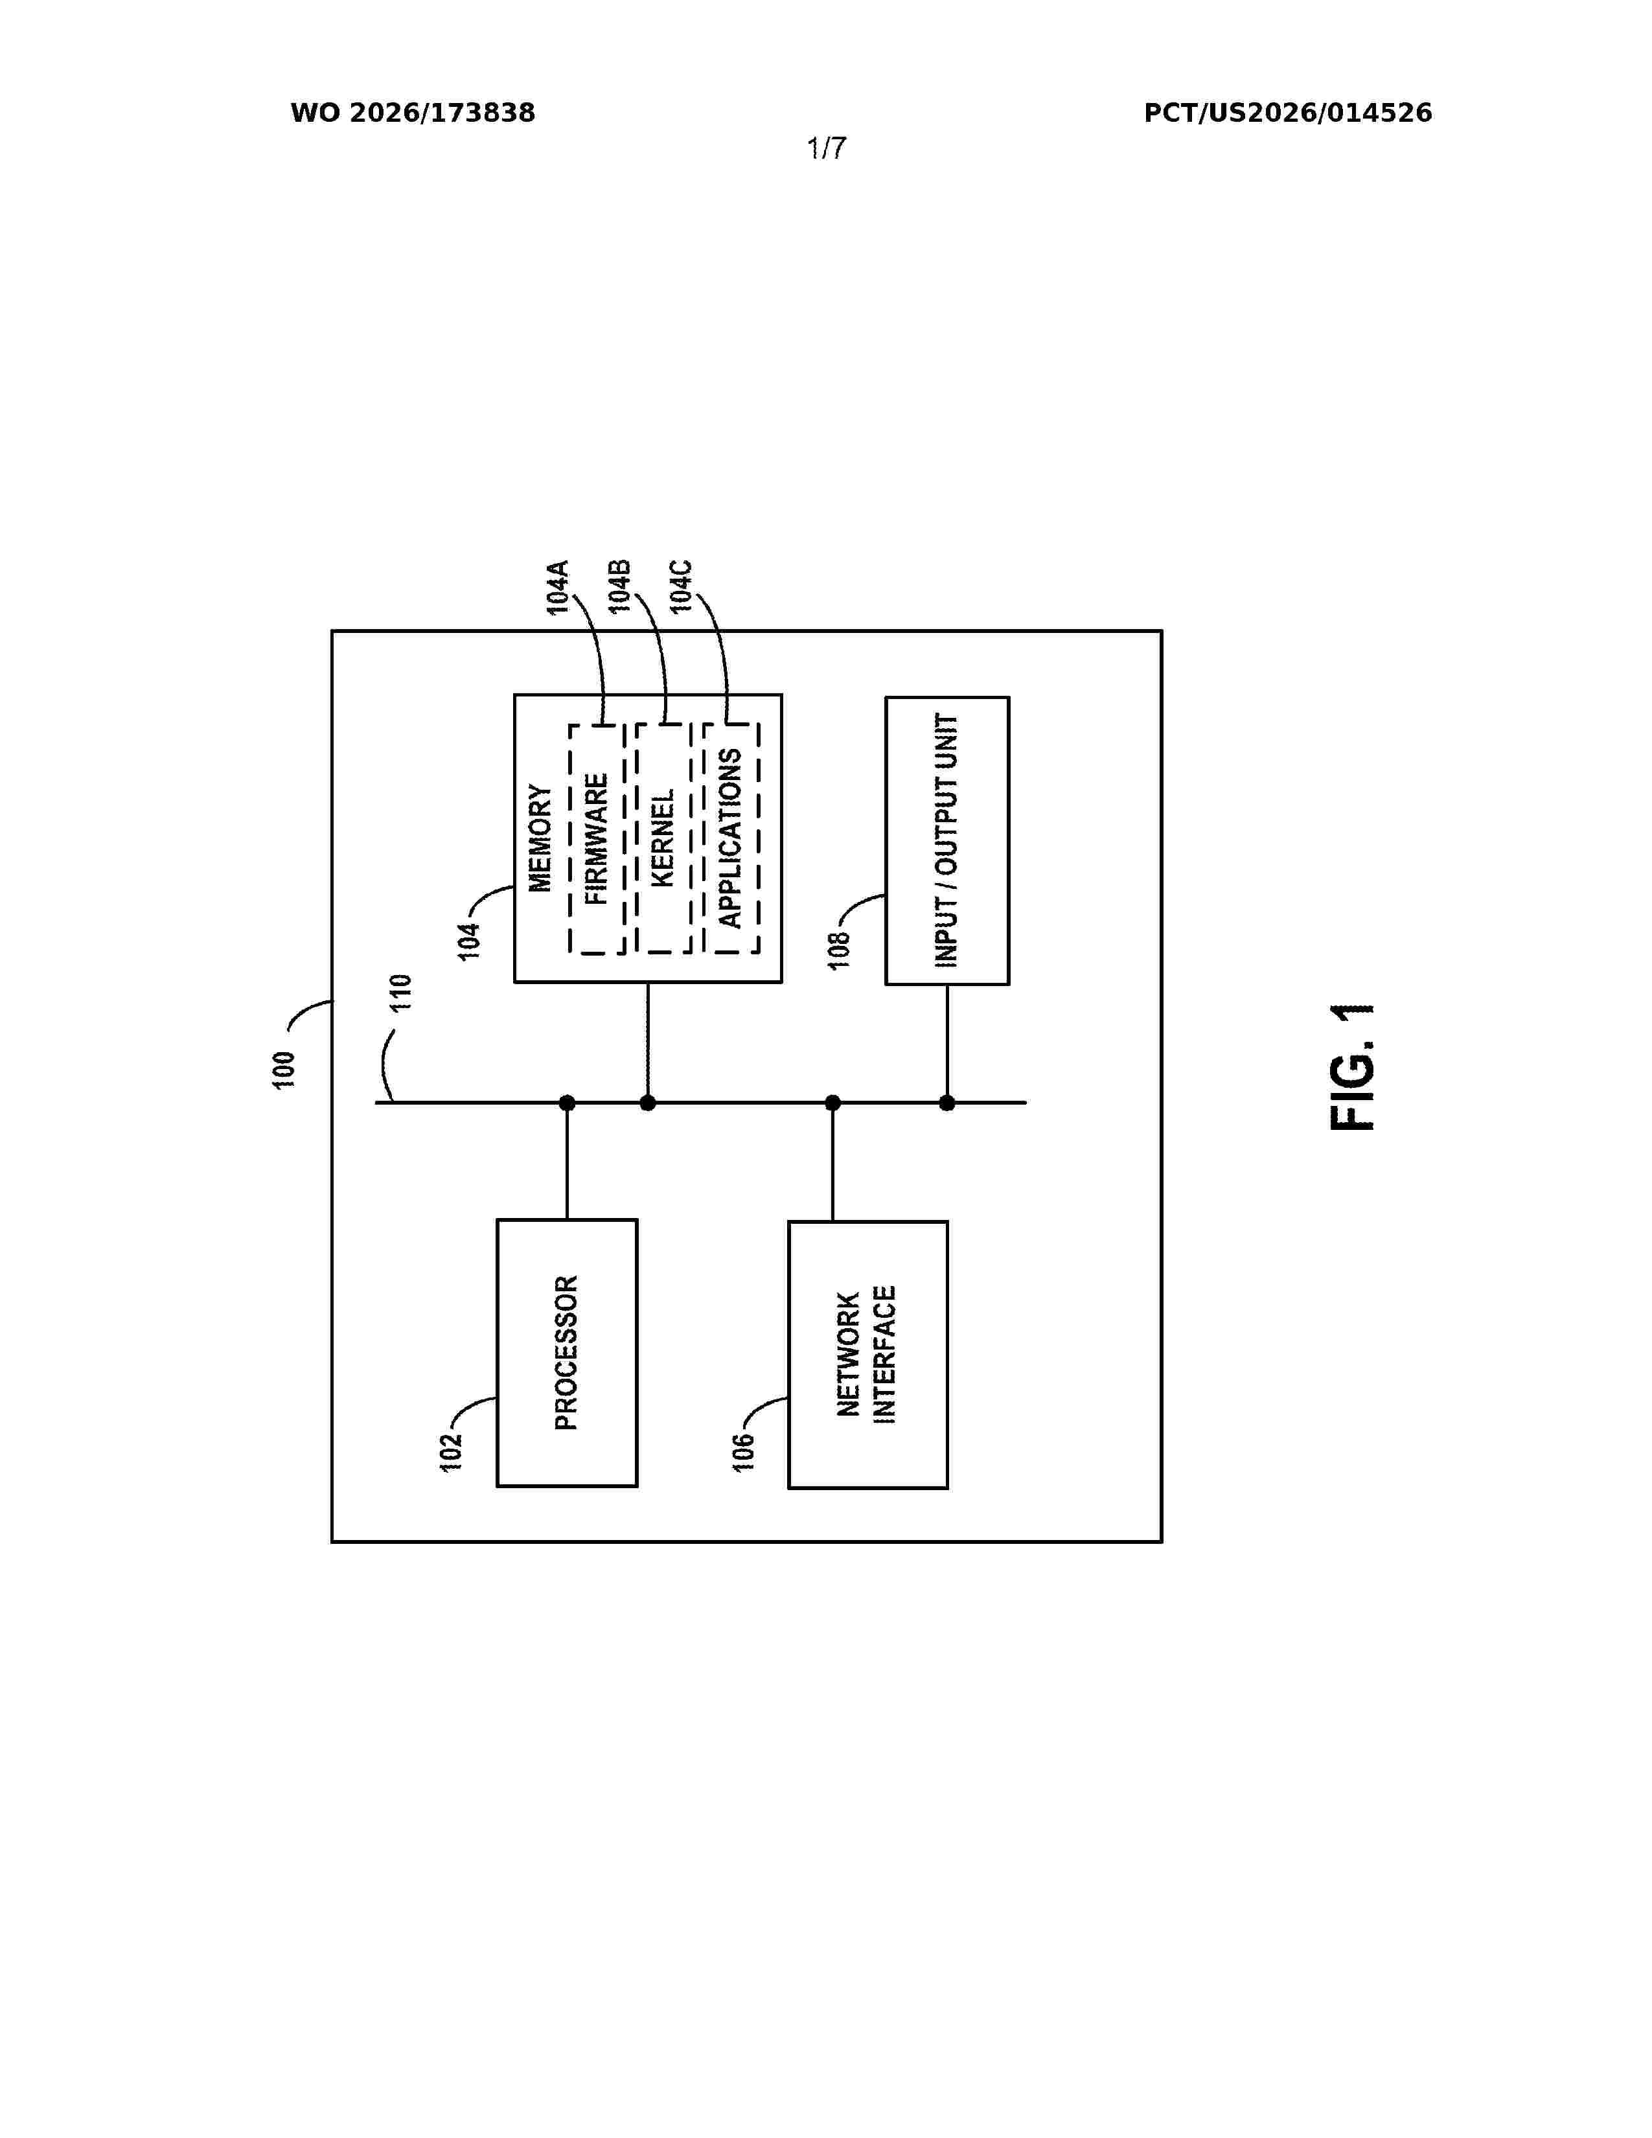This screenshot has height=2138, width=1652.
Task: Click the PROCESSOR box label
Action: (x=567, y=1353)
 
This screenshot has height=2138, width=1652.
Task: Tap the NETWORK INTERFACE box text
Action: (x=867, y=1355)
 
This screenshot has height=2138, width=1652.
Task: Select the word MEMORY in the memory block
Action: (x=540, y=838)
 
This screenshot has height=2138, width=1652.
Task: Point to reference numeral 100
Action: (x=284, y=1070)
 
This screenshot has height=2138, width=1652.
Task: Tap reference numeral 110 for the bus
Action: (x=401, y=993)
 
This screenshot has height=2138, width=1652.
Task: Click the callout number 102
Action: (x=450, y=1453)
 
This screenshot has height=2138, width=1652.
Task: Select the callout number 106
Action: (x=744, y=1453)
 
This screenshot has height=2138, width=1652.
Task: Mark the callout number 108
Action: (x=840, y=950)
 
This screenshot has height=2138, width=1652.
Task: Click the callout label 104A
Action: (x=558, y=588)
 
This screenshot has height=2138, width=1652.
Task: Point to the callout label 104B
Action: (x=619, y=588)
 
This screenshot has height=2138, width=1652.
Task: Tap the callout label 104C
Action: (x=681, y=588)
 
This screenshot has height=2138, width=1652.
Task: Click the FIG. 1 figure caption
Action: (x=1353, y=1067)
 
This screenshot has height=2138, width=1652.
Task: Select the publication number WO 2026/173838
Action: (x=413, y=113)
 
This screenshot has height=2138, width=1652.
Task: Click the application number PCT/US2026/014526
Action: (x=1288, y=113)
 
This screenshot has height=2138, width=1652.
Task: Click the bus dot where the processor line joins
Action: (x=567, y=1103)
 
